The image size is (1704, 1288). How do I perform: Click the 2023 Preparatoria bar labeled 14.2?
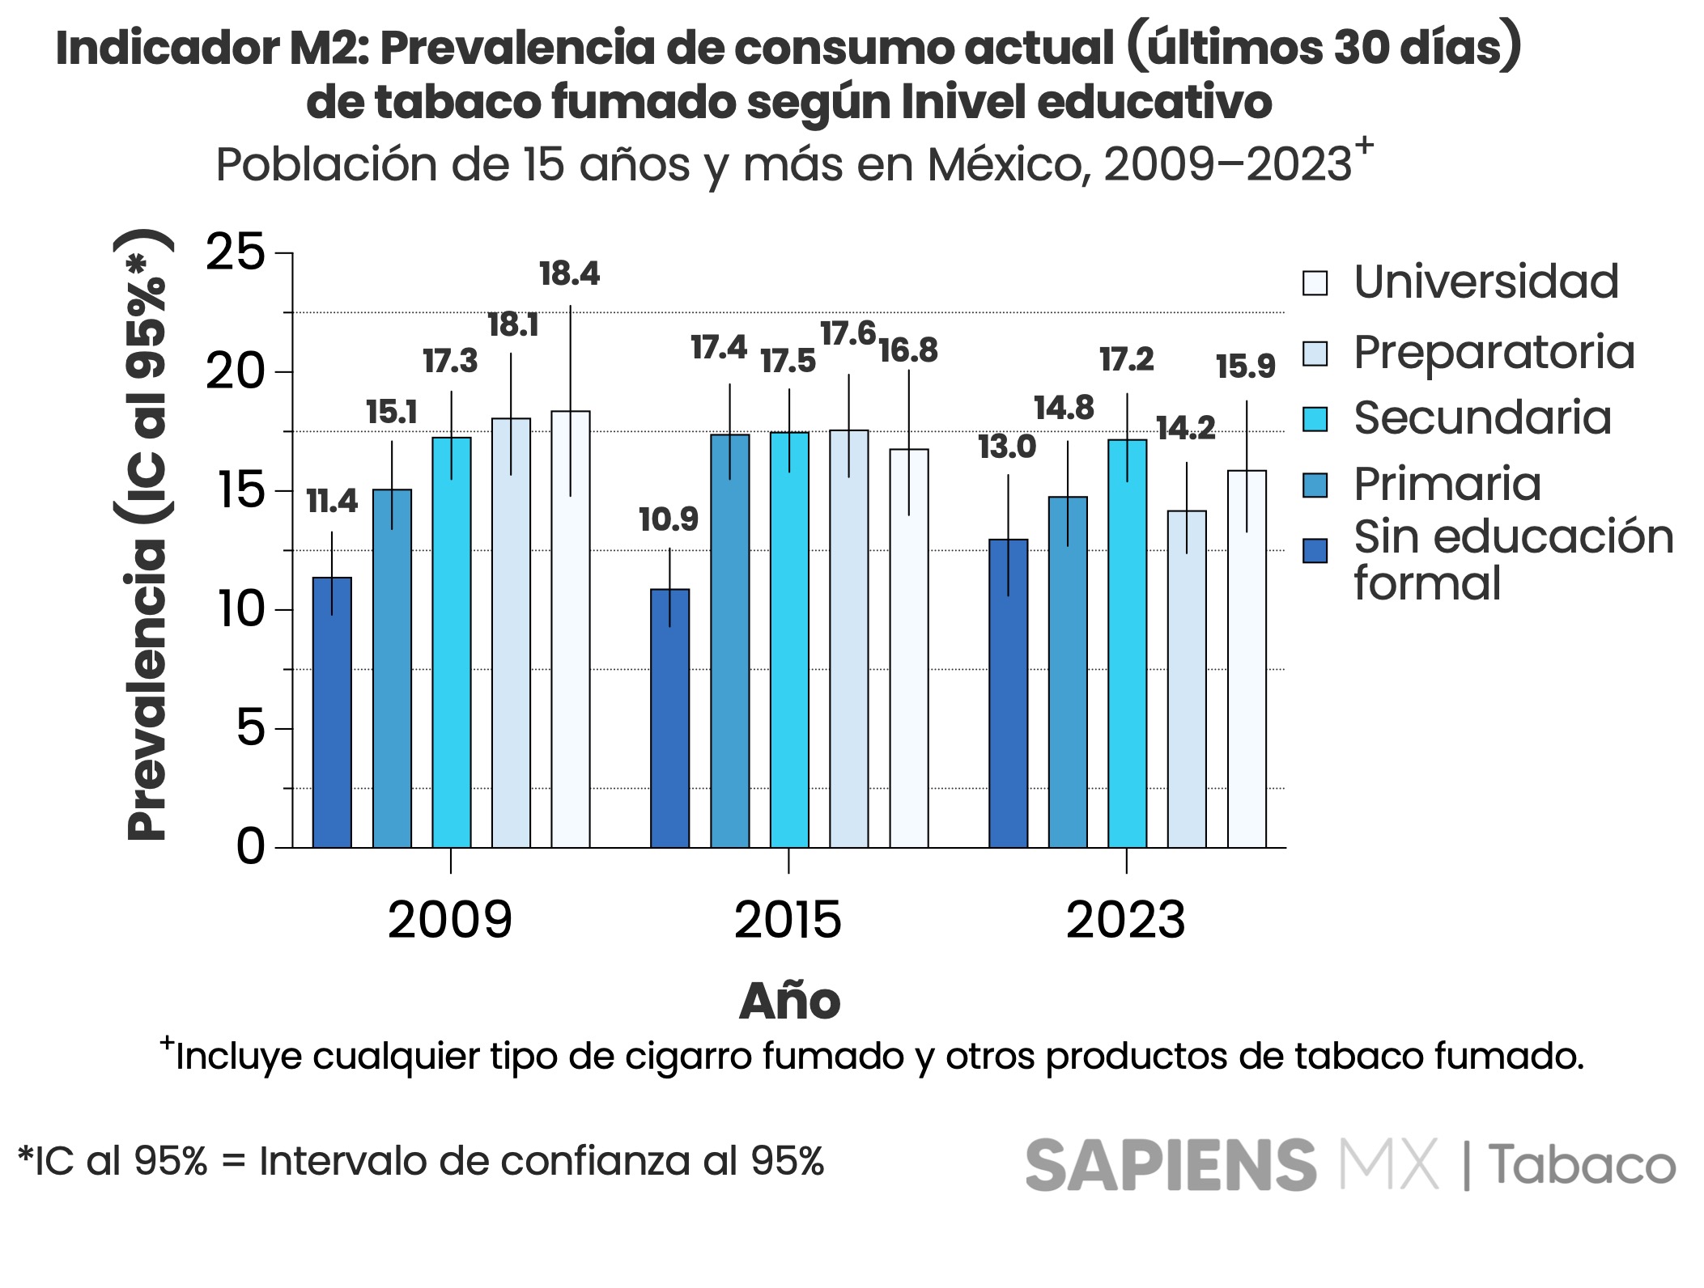pos(1187,679)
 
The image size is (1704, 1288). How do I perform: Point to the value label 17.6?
pos(848,333)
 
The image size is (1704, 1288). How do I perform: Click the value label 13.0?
pos(1007,447)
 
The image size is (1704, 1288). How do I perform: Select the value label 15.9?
pos(1245,366)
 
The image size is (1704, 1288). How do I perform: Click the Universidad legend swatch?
pos(1315,283)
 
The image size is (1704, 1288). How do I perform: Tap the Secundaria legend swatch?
pos(1315,419)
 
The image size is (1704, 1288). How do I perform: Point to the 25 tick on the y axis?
pos(236,252)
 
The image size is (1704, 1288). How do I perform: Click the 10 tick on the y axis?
pos(241,609)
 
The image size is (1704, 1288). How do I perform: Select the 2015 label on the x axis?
pos(788,921)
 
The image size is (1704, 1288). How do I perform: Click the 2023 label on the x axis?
pos(1125,921)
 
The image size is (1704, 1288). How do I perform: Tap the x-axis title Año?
pos(789,1001)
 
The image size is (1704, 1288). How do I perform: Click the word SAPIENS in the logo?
pos(1171,1166)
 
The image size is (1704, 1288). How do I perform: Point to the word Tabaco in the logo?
pos(1582,1166)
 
